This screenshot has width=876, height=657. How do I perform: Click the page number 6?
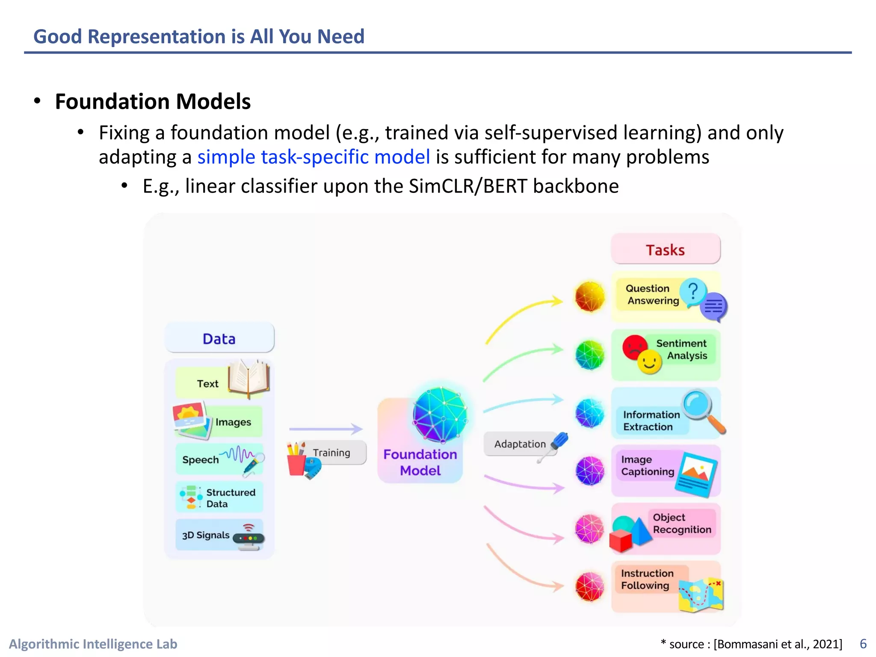point(863,644)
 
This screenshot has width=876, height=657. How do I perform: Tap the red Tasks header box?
point(665,250)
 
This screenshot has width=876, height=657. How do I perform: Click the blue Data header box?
point(219,338)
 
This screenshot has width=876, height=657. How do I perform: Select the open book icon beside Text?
point(249,378)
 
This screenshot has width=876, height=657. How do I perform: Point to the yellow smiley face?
point(649,362)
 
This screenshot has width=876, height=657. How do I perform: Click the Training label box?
point(331,453)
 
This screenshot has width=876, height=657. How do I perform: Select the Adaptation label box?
point(520,444)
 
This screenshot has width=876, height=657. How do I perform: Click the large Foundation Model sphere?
point(440,414)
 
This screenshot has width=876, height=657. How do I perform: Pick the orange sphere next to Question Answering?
point(590,296)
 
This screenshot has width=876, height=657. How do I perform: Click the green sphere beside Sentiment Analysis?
point(590,355)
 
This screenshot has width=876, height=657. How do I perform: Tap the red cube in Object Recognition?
point(620,541)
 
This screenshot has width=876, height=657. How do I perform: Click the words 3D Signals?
point(206,535)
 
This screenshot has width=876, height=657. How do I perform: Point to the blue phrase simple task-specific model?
point(314,157)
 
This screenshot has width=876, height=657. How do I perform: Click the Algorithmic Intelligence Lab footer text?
point(93,644)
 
